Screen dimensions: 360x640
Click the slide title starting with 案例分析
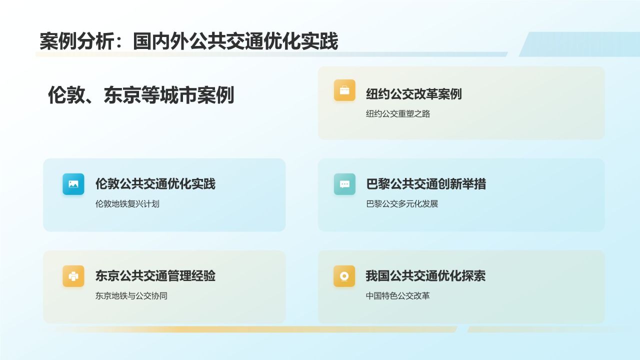(x=189, y=42)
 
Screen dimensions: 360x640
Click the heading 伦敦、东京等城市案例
(x=141, y=95)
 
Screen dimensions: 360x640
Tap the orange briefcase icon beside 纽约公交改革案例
(x=344, y=90)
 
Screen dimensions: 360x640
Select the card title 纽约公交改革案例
(x=413, y=94)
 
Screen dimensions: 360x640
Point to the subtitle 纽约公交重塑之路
(x=398, y=114)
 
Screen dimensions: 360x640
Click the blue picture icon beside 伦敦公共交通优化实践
(x=73, y=184)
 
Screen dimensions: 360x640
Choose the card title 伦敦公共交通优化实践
(x=155, y=184)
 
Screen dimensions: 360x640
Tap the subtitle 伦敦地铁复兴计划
(x=127, y=204)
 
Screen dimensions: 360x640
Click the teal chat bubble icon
(x=344, y=184)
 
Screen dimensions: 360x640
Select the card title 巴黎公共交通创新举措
(x=426, y=184)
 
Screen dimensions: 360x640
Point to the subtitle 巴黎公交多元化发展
(x=402, y=204)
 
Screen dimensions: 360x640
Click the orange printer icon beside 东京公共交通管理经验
(x=73, y=276)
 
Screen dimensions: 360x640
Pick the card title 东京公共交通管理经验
(x=155, y=276)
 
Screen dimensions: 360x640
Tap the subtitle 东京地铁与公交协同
(x=131, y=296)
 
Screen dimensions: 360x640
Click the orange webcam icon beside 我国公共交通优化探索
(x=344, y=276)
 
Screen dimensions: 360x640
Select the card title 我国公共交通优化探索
(x=425, y=276)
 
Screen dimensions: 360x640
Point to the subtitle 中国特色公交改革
(x=398, y=296)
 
